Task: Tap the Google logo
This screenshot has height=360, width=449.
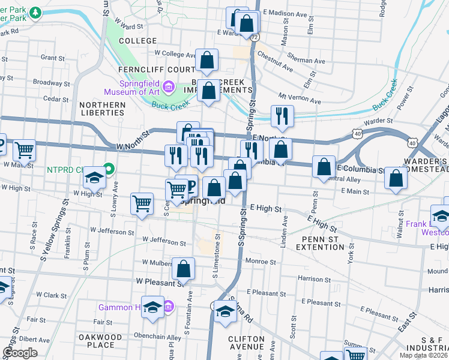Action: pyautogui.click(x=20, y=353)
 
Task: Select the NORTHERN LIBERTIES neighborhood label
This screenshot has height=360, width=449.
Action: pyautogui.click(x=102, y=109)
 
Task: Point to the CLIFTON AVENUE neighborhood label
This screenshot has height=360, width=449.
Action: pyautogui.click(x=246, y=343)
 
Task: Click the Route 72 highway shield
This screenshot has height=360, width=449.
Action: pyautogui.click(x=255, y=37)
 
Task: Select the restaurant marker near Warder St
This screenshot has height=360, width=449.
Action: pyautogui.click(x=282, y=116)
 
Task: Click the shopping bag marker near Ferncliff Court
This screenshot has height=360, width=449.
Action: pyautogui.click(x=206, y=60)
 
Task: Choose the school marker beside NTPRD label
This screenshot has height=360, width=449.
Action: pyautogui.click(x=94, y=177)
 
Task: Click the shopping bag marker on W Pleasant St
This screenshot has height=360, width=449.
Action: pyautogui.click(x=184, y=268)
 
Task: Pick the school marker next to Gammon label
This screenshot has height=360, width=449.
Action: pyautogui.click(x=152, y=307)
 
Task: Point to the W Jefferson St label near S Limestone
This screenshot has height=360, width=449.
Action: pyautogui.click(x=164, y=242)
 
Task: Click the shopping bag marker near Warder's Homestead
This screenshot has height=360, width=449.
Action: pyautogui.click(x=395, y=178)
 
